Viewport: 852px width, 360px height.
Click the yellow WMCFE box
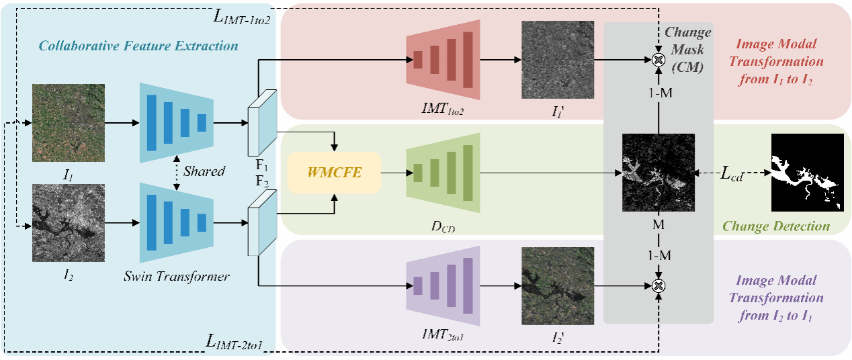(335, 173)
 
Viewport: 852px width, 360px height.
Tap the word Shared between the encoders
(204, 171)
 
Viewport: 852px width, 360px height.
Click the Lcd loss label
(732, 175)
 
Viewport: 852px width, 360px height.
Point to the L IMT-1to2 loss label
(242, 18)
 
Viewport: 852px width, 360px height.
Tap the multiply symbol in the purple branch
(659, 286)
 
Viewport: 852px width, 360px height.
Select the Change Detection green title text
(776, 226)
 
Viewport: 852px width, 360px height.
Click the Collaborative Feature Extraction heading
(138, 46)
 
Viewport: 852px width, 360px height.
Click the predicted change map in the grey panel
(658, 173)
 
